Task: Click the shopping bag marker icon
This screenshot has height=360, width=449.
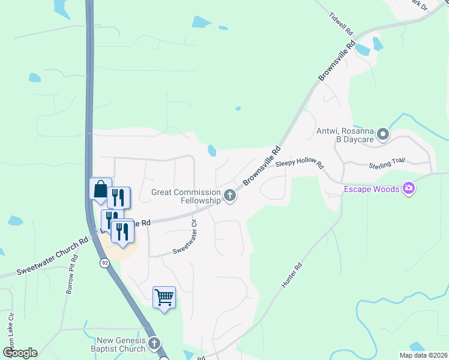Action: (x=100, y=190)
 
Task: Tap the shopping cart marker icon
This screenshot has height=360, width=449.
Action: (x=164, y=298)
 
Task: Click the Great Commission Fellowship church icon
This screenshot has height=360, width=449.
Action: (x=229, y=196)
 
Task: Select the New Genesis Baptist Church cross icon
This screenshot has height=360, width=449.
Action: (x=154, y=344)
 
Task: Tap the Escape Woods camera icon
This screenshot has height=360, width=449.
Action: (x=409, y=190)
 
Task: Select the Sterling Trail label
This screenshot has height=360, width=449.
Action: (x=387, y=163)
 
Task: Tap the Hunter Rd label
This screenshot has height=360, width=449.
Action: (x=290, y=277)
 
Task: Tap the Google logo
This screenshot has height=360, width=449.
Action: (x=20, y=353)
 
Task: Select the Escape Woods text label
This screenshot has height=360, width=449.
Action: (x=371, y=190)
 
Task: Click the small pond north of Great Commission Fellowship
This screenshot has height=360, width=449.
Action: (x=211, y=150)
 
